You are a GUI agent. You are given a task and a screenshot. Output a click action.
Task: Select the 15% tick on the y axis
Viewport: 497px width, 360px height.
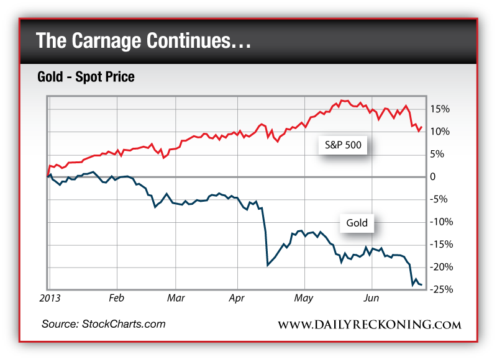(x=440, y=109)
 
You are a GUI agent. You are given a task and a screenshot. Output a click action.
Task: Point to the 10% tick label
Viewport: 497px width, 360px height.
(x=440, y=132)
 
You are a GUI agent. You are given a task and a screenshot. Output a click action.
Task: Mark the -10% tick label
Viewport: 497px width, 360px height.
(x=442, y=222)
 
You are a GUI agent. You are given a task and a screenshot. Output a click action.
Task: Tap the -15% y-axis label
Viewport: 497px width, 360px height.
(x=442, y=245)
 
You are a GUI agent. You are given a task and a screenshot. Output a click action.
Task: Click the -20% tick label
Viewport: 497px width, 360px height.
(x=442, y=267)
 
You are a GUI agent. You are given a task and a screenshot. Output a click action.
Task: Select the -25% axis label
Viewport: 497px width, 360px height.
(x=442, y=290)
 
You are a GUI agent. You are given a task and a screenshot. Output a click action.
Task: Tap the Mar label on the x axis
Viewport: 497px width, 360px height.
(x=177, y=298)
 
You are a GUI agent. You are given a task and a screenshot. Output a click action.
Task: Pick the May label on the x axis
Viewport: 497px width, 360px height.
(x=304, y=298)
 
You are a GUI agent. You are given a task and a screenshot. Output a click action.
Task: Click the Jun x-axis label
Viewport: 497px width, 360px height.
(x=371, y=298)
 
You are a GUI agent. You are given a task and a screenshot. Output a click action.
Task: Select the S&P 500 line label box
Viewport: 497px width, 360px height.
(x=343, y=146)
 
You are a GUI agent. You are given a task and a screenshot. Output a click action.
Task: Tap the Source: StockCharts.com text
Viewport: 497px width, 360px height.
(x=104, y=324)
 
